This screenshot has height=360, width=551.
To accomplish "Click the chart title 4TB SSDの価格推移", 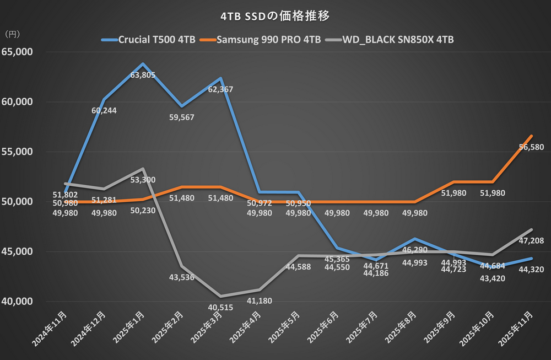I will click(x=275, y=16).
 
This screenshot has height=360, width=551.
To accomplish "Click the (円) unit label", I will click(x=12, y=34).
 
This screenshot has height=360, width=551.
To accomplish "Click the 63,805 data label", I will click(x=142, y=75).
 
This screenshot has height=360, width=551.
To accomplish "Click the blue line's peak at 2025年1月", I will click(x=143, y=64).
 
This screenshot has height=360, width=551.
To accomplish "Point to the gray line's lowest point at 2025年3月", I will click(x=220, y=297).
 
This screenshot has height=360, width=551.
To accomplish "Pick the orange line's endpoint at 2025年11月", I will click(x=532, y=136).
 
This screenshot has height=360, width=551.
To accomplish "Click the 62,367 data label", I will click(x=220, y=89).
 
